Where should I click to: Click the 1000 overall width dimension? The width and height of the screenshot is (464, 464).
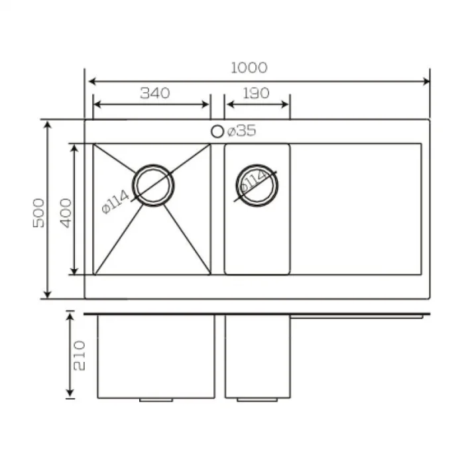click(249, 68)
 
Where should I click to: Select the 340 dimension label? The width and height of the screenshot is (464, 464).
click(155, 93)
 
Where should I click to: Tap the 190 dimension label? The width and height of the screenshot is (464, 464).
click(257, 93)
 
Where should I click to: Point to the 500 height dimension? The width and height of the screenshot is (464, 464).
click(38, 213)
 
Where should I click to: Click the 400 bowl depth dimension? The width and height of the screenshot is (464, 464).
click(66, 213)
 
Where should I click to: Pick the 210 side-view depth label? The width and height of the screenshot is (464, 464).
click(79, 356)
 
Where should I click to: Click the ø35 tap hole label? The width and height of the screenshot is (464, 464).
click(241, 131)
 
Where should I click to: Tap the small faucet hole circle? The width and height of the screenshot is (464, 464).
click(217, 131)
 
